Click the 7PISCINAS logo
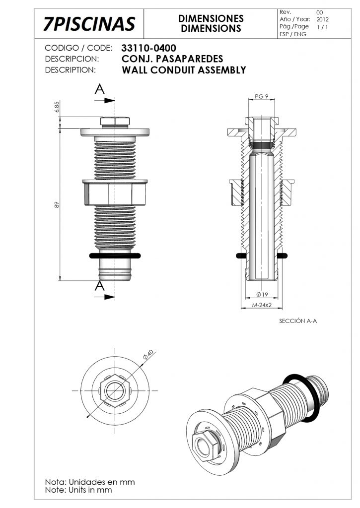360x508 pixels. tap(89, 23)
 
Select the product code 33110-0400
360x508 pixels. tap(148, 48)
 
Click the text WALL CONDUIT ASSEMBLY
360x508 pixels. tap(184, 70)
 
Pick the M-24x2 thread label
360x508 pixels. tap(261, 306)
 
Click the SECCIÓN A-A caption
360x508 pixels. tap(298, 321)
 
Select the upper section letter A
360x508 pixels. tap(100, 89)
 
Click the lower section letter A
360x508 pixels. tap(100, 286)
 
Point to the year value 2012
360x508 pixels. tap(322, 19)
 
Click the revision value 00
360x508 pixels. tap(319, 12)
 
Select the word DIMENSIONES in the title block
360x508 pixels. tap(211, 18)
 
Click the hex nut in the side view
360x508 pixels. tap(115, 193)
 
